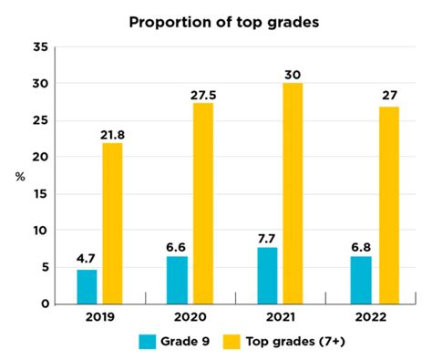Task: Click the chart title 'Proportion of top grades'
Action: pos(215,21)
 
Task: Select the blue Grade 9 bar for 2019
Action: pos(87,286)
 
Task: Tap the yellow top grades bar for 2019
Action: pos(112,223)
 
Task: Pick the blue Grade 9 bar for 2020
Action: pos(177,280)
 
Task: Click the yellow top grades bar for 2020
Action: pos(202,202)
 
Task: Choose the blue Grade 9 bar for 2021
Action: pos(267,275)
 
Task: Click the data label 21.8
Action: pos(112,133)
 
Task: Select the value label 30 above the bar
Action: pos(293,74)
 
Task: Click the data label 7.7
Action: pos(267,238)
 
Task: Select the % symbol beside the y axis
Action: pos(18,176)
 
